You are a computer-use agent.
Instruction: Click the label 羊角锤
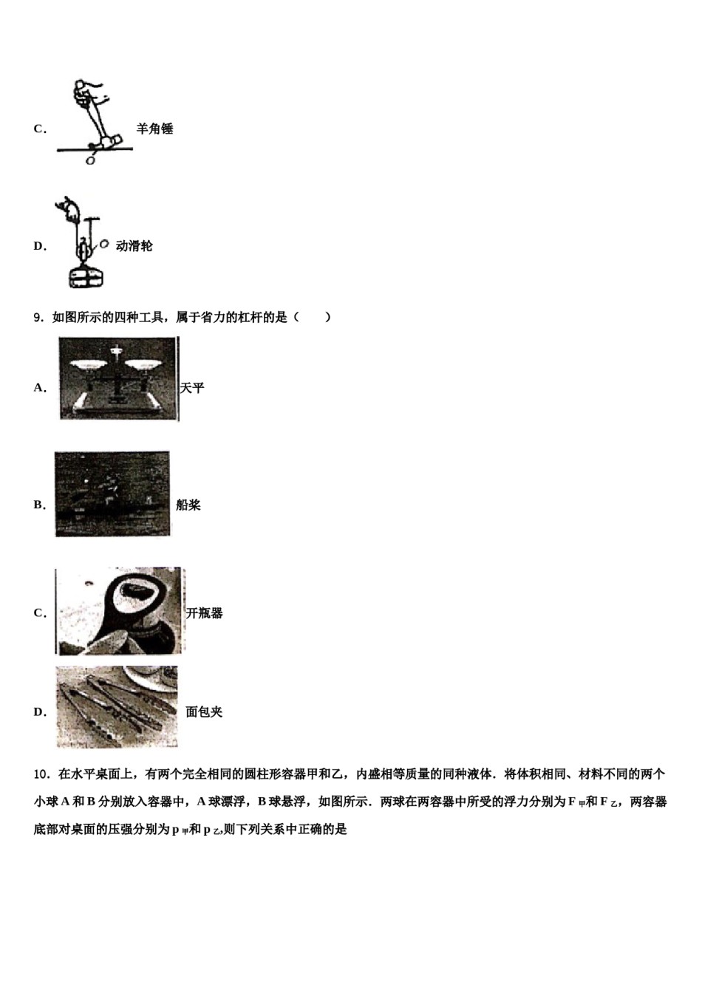tap(154, 129)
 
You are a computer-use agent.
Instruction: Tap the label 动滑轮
tap(134, 246)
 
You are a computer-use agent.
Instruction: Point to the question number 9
tap(38, 318)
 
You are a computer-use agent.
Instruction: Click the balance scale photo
tap(118, 379)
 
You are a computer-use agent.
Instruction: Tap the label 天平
tap(192, 388)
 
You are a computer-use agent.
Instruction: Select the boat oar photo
tap(112, 494)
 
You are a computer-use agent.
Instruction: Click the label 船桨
tap(188, 505)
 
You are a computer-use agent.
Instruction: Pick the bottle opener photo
tap(120, 611)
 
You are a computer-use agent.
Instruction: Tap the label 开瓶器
tap(205, 613)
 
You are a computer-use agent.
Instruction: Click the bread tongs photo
tap(117, 707)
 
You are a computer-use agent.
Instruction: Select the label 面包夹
tap(204, 712)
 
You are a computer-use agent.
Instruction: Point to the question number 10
tap(41, 774)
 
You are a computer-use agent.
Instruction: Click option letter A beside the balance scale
tap(39, 388)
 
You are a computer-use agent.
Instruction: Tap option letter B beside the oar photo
tap(39, 505)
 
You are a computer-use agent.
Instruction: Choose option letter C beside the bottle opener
tap(39, 613)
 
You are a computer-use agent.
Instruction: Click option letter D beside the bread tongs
tap(39, 712)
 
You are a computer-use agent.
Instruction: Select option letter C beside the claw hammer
tap(39, 129)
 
